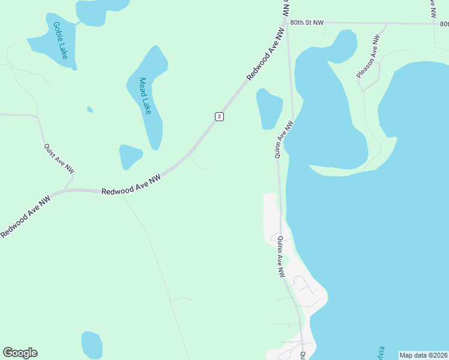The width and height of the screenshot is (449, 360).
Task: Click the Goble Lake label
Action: pyautogui.click(x=60, y=40)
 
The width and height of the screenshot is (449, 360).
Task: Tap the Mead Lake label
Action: pyautogui.click(x=145, y=96)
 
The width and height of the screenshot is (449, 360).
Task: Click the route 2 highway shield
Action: pyautogui.click(x=220, y=116)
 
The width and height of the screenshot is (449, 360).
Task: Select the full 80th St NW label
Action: pyautogui.click(x=306, y=22)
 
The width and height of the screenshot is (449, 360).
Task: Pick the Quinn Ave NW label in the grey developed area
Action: pyautogui.click(x=280, y=256)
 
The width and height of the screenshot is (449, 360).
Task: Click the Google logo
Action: pyautogui.click(x=20, y=353)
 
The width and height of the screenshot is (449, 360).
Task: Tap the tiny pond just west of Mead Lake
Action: pyautogui.click(x=90, y=109)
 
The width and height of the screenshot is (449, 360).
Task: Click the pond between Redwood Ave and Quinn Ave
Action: pyautogui.click(x=270, y=108)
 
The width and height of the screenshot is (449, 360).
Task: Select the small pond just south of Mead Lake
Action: pyautogui.click(x=130, y=156)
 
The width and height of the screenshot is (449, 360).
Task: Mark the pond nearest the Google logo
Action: pyautogui.click(x=92, y=344)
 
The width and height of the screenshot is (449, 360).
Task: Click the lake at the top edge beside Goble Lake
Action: pyautogui.click(x=99, y=10)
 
